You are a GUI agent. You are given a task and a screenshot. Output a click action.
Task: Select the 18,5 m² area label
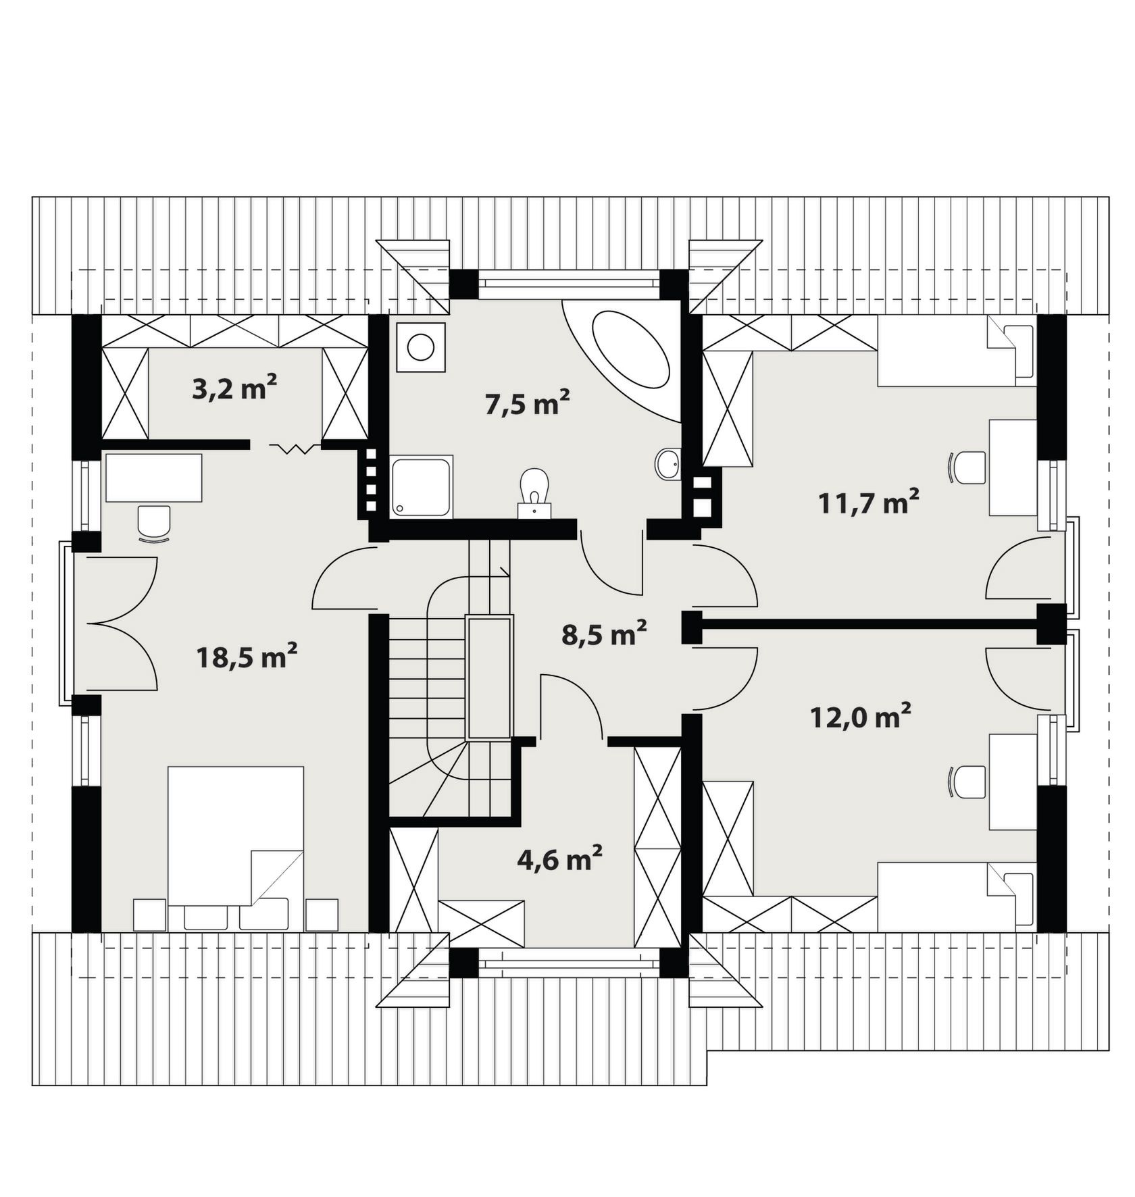tap(247, 656)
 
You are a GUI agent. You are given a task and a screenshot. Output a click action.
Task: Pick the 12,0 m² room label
tap(861, 716)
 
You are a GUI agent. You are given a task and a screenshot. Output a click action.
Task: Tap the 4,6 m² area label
tap(559, 859)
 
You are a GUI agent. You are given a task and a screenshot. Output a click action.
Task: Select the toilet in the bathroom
tap(534, 493)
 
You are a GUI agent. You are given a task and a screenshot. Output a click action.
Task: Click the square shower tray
tap(421, 486)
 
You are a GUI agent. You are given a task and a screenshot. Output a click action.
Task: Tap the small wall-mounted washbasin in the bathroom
tap(668, 464)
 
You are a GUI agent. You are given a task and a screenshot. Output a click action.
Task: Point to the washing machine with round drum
tap(421, 347)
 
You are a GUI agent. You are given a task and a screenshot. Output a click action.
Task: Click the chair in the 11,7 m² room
tap(967, 467)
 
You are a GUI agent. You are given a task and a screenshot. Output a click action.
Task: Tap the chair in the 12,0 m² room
tap(967, 782)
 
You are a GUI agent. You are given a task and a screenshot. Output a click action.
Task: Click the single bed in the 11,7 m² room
tap(957, 351)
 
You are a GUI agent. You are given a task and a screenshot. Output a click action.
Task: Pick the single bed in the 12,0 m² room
tap(957, 897)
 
